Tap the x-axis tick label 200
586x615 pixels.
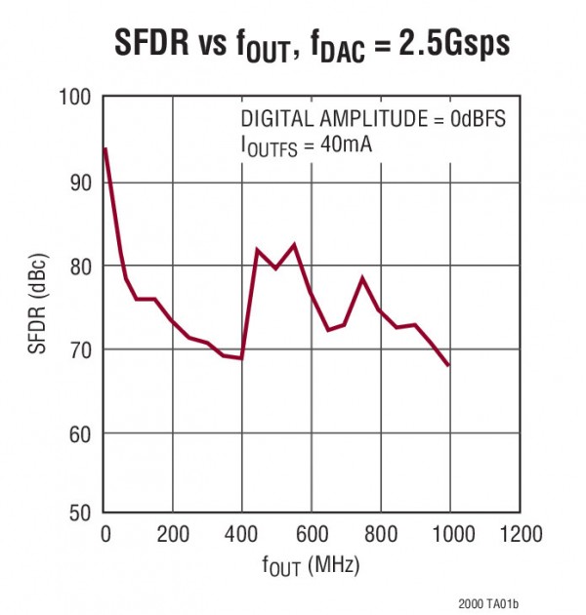(173, 535)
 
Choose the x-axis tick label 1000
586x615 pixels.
(450, 535)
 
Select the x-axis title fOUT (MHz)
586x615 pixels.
(312, 564)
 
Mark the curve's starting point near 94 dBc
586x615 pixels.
(105, 148)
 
